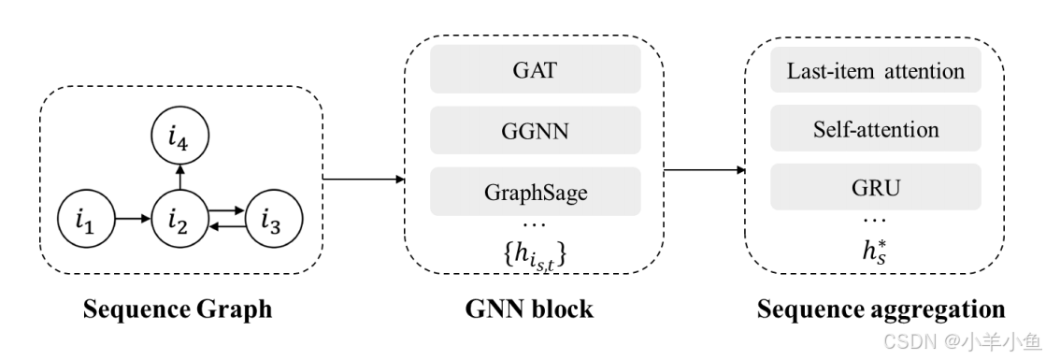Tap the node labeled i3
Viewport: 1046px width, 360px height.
tap(271, 222)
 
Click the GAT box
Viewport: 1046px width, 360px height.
tap(535, 69)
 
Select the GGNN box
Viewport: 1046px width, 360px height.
tap(535, 130)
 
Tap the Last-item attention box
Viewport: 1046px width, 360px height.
tap(875, 69)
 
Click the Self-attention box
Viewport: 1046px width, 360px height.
tap(875, 130)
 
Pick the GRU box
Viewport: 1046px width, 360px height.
tap(875, 187)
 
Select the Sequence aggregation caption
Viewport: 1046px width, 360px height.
tap(881, 309)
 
